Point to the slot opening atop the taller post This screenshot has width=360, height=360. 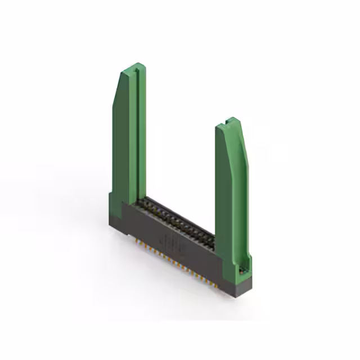pyautogui.click(x=136, y=68)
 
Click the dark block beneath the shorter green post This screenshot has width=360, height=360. pyautogui.click(x=236, y=287)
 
